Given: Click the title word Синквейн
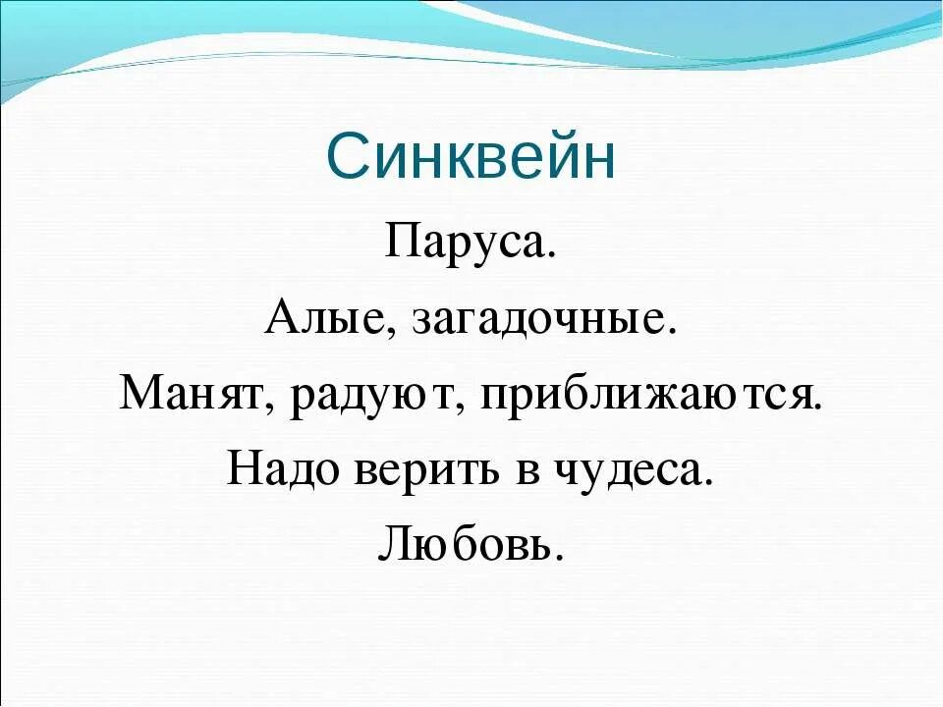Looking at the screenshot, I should tap(471, 156).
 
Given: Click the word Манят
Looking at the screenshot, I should tap(195, 397).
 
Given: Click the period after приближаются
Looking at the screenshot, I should tap(816, 409).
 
